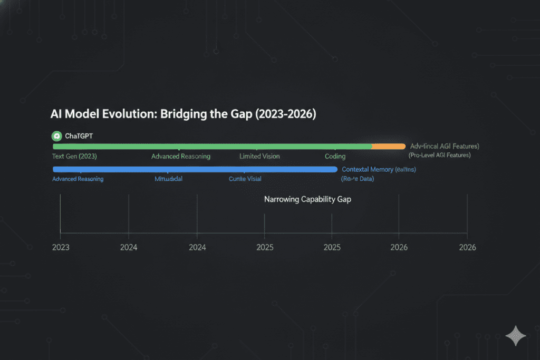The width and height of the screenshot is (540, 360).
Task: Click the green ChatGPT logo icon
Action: coord(56,136)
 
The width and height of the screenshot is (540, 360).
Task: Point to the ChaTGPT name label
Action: coord(79,136)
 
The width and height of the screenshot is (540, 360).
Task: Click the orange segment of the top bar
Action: coord(389,146)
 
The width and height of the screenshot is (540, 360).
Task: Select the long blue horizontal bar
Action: coord(195,169)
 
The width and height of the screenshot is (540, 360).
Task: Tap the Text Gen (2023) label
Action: coord(74,157)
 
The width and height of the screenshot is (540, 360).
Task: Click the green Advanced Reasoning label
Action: coord(181,157)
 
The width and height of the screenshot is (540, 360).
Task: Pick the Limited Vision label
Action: coord(259,157)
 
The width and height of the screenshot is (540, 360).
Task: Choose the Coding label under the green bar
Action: coord(335,157)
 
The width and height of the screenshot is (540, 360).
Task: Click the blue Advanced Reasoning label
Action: coord(78,179)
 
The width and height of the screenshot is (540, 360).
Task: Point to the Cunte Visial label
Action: coord(245,179)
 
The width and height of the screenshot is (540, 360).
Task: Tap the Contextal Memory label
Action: coord(368,169)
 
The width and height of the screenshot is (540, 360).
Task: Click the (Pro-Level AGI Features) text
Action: coord(440,155)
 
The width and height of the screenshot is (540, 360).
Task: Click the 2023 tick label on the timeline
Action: coord(61,248)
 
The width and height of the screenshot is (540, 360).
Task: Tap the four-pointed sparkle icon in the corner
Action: coord(515,336)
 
